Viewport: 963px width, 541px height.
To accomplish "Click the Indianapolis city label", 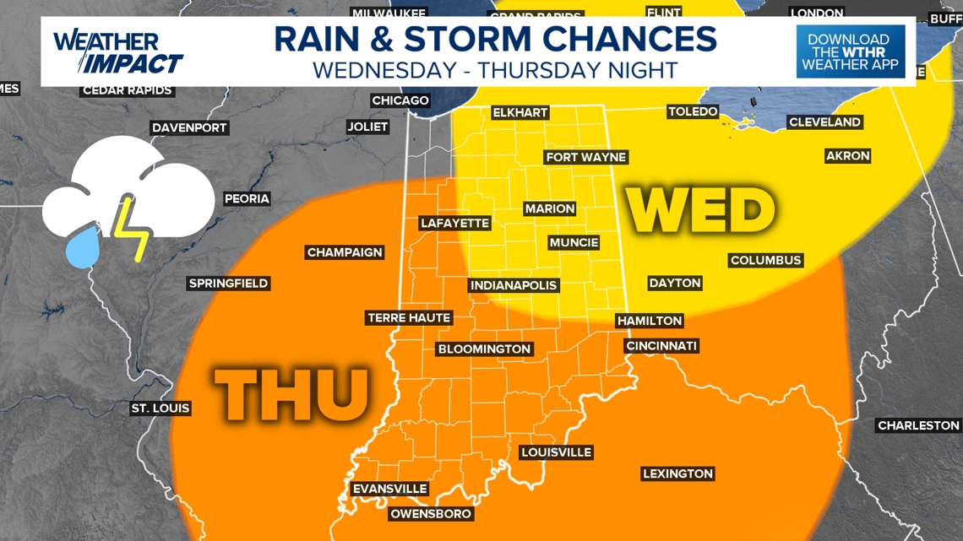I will (x=514, y=285).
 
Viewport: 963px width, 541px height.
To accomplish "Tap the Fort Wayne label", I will (x=585, y=157).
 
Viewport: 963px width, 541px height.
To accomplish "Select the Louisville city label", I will (x=555, y=452).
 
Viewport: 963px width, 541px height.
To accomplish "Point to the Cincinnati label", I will (x=661, y=346).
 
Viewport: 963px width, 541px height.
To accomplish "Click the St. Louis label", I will (x=160, y=408).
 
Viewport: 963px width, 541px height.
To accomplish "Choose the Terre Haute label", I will (x=409, y=318).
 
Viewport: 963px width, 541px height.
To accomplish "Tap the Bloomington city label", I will (x=484, y=349).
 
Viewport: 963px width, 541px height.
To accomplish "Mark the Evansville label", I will (x=389, y=490).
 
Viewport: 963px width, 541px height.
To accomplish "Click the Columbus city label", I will (x=765, y=260).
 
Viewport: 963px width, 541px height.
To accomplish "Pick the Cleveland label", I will (x=824, y=122).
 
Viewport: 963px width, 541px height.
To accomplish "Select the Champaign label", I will (x=345, y=252).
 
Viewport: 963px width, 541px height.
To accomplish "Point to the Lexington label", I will (x=677, y=474).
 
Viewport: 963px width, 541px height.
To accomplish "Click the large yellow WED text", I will (x=700, y=210).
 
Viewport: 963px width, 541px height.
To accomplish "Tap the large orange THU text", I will (x=292, y=394).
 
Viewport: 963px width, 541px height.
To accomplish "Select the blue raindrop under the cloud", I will (x=84, y=246).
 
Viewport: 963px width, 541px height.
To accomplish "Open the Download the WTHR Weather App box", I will (x=850, y=51).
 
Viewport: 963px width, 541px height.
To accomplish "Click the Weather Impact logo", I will (x=117, y=52).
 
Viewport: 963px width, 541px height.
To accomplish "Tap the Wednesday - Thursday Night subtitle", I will (x=495, y=69).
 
